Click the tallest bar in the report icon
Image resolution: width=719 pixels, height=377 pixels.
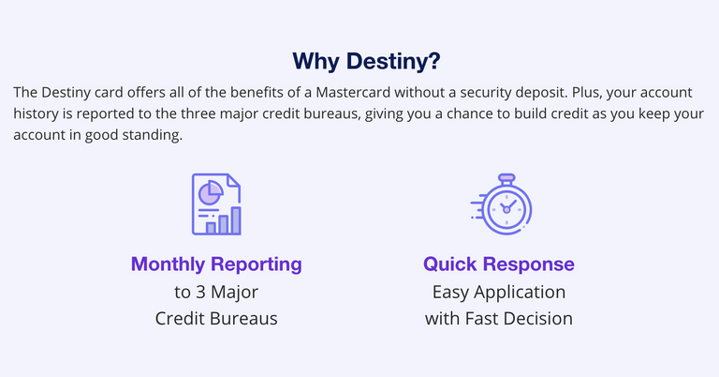[x=236, y=220]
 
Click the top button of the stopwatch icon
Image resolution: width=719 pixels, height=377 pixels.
[x=506, y=177]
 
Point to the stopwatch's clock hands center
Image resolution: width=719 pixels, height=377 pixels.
[x=506, y=208]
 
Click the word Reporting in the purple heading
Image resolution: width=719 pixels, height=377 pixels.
[x=256, y=264]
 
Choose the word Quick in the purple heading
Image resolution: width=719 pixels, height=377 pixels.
[x=451, y=264]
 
